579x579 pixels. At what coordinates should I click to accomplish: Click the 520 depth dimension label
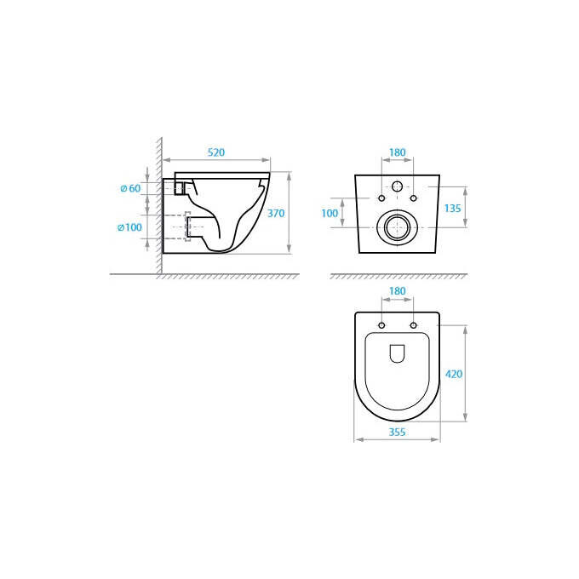216,152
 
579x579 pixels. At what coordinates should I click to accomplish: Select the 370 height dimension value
276,213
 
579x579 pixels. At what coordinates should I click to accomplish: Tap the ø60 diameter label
131,188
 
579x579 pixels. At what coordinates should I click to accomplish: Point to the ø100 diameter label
129,227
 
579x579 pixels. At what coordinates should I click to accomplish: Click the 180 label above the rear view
398,152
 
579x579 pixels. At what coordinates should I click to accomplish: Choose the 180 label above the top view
398,291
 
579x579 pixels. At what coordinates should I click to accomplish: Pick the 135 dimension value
452,209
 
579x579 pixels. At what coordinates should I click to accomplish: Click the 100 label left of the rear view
330,213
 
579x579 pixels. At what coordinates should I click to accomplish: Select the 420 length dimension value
454,374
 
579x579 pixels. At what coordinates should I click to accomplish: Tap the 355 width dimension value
397,432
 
